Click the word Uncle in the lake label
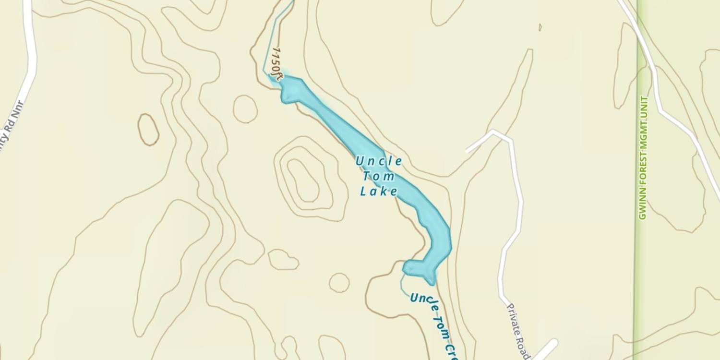379,161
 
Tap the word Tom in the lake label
379,177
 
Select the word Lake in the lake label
379,192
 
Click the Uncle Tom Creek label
432,322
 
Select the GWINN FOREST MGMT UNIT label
643,158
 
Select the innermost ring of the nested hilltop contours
303,180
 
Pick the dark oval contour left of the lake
148,129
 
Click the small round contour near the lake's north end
245,108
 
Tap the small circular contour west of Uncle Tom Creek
339,283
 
